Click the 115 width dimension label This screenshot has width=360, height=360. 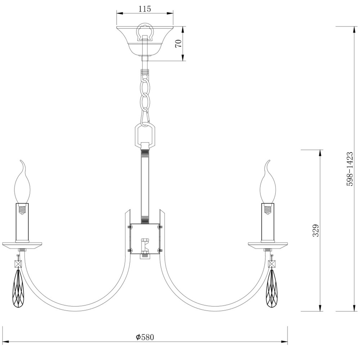(145, 9)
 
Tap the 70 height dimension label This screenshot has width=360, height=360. (179, 44)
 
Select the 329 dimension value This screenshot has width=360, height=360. (316, 230)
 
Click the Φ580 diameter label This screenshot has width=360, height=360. (145, 337)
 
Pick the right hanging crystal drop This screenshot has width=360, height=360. (272, 289)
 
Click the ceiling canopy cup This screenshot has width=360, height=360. (145, 41)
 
